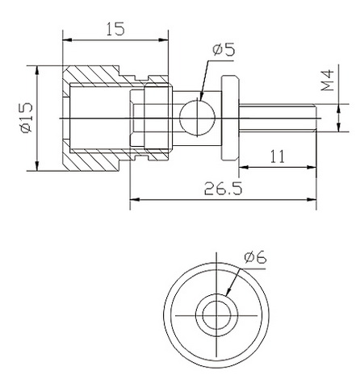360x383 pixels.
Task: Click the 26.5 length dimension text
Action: coord(223,189)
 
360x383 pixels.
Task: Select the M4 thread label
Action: coord(328,81)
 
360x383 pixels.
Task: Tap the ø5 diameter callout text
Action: coord(224,50)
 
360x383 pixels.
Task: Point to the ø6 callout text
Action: coord(255,257)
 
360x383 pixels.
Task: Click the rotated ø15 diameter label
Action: coord(27,118)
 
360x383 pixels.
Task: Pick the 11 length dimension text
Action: coord(278,156)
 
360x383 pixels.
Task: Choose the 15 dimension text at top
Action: coord(115,29)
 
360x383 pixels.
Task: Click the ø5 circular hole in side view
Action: coord(198,118)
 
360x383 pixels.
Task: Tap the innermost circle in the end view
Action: coord(216,315)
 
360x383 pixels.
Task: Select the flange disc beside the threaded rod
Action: coord(230,118)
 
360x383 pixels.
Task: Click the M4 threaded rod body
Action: coord(278,118)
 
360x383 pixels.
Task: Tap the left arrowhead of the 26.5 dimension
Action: coord(134,200)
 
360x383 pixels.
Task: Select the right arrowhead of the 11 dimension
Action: coord(312,167)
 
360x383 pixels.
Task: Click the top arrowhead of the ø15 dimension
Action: coord(37,70)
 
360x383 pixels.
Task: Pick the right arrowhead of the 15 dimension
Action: coord(164,40)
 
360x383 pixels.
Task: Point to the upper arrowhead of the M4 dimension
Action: coord(339,109)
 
